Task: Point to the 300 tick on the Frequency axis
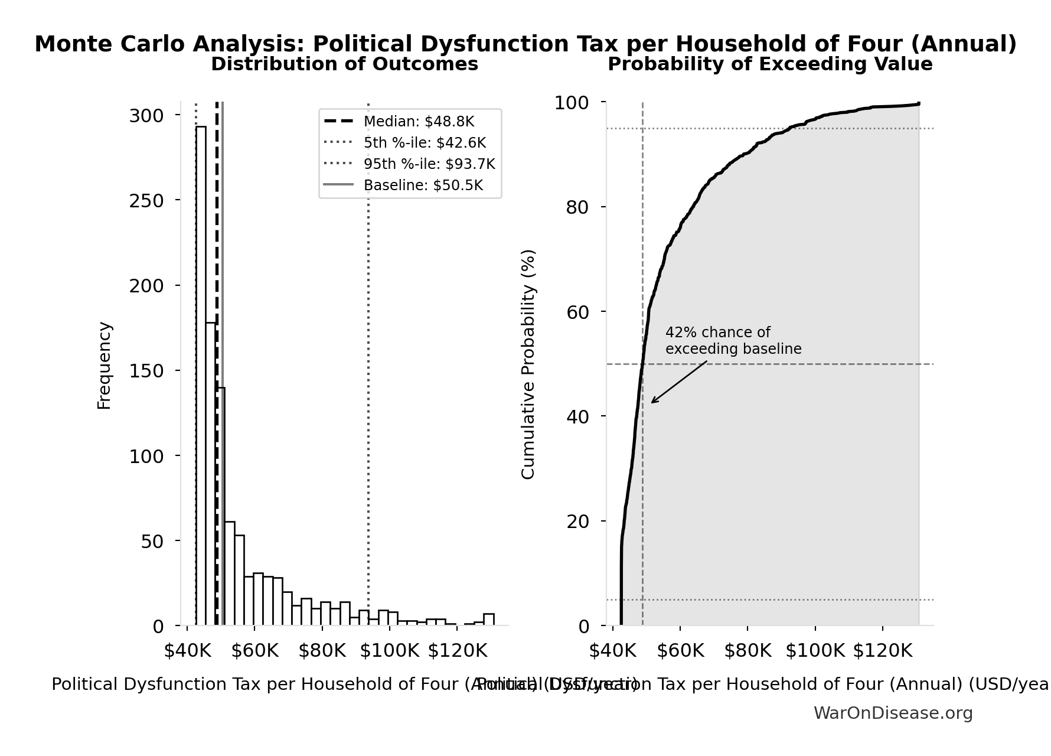coord(146,116)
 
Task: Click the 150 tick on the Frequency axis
coord(146,372)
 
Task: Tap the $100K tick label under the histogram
coord(389,651)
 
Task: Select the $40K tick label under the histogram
coord(188,651)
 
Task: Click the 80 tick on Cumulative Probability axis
coord(577,207)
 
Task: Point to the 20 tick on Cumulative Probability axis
coord(577,522)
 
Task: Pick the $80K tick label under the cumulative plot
coord(748,651)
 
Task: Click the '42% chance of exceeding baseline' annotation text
coord(733,341)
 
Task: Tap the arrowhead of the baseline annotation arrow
coord(652,402)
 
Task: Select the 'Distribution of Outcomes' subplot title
coord(345,64)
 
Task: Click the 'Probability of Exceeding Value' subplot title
coord(770,64)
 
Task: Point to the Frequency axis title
coord(104,365)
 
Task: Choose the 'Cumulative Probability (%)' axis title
coord(528,364)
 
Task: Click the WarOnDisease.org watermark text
coord(893,713)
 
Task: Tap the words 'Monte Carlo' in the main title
coord(110,44)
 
